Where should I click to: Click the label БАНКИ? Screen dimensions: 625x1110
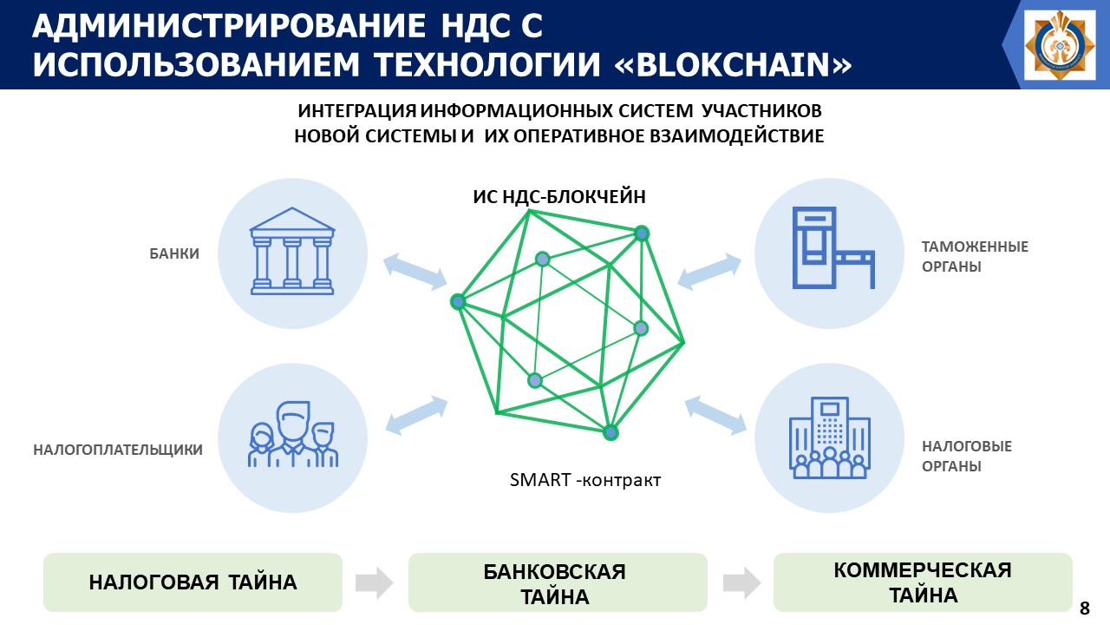174,254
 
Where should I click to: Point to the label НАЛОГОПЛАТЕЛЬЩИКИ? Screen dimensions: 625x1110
118,450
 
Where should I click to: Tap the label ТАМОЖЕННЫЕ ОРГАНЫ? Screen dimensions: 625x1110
975,257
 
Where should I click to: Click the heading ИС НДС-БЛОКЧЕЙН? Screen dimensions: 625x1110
559,196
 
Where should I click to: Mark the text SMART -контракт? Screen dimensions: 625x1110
585,479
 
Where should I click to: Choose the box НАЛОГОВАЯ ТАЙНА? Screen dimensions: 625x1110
193,582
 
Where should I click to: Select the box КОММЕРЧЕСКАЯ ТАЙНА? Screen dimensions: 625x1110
923,582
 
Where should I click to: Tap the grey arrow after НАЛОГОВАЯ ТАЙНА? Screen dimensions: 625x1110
373,582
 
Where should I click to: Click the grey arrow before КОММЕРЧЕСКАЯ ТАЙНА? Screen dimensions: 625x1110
740,582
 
